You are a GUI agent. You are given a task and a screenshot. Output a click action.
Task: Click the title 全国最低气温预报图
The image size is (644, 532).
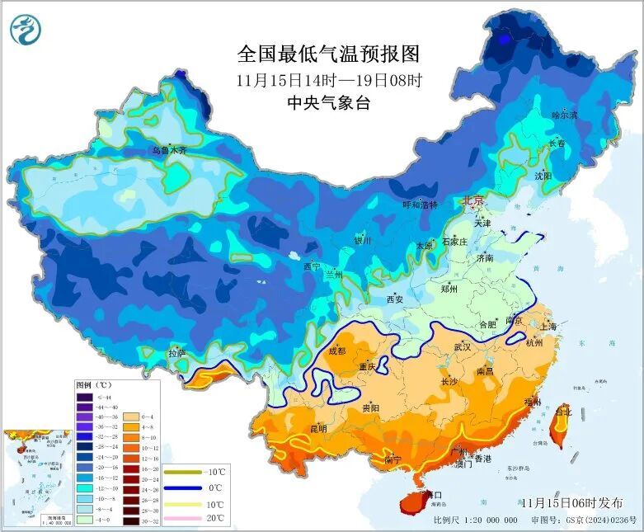tap(328, 54)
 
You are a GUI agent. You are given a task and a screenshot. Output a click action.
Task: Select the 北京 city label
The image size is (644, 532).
tap(473, 200)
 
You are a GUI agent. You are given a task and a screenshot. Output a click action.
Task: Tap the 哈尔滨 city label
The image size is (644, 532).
tap(565, 115)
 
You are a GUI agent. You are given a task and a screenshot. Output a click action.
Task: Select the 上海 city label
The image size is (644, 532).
tap(547, 327)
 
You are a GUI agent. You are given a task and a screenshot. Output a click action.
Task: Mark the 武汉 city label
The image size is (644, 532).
tap(462, 347)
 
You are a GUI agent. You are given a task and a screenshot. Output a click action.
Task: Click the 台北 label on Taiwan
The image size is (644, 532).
tap(563, 411)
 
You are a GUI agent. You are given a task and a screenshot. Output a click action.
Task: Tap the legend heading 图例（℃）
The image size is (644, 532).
tap(92, 385)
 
